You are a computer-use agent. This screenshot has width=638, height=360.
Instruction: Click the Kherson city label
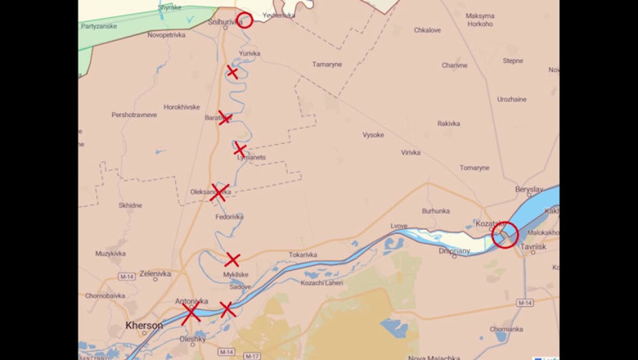144,326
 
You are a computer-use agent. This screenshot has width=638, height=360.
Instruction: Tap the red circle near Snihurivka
245,20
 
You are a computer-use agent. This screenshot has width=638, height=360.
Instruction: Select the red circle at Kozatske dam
505,236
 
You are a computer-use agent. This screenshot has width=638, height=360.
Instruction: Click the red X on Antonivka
191,314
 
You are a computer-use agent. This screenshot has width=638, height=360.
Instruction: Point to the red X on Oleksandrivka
218,193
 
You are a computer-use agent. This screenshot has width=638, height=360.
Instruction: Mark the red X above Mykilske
232,260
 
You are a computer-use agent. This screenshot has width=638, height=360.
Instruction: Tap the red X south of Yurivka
232,72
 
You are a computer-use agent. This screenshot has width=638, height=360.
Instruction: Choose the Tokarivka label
303,254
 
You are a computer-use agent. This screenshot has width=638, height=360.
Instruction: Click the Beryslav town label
528,189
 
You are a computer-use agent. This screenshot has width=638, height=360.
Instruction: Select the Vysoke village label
373,135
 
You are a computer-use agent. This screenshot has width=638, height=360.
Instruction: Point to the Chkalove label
427,30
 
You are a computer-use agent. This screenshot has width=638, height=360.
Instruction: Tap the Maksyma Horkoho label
480,20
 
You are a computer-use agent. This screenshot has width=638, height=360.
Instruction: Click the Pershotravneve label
134,115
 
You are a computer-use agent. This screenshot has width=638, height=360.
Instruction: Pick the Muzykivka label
110,254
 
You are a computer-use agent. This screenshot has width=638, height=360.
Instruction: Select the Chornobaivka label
105,295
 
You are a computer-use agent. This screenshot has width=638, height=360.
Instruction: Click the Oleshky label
193,338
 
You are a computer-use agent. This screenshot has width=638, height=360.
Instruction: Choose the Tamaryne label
327,65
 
